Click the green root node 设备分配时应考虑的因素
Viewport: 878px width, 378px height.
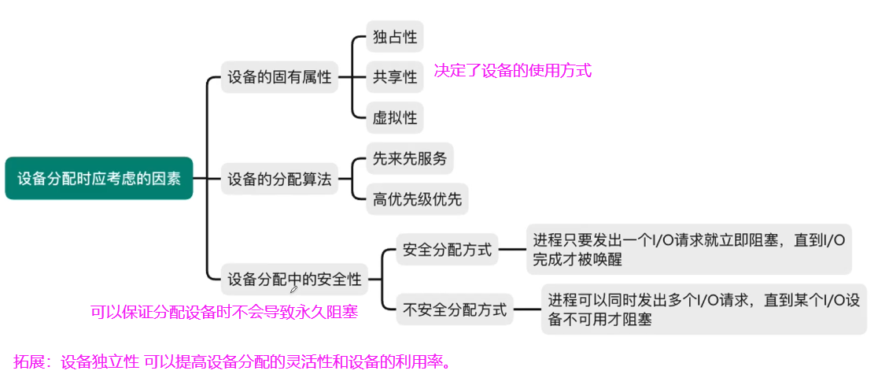99,178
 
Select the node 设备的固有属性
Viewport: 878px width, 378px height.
279,77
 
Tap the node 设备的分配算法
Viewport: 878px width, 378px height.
279,180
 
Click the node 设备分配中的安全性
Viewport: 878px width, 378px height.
294,279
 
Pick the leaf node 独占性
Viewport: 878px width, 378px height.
395,36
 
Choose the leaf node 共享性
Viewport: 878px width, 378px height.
395,77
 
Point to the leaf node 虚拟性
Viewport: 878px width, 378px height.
395,118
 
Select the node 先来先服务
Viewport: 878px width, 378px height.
410,159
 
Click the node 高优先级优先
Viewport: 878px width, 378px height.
417,199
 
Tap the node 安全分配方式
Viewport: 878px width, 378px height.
447,250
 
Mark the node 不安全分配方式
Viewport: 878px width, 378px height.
455,309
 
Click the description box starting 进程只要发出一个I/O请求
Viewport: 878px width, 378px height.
688,249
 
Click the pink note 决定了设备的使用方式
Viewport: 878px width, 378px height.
512,71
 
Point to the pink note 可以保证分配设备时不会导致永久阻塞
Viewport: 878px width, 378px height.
224,313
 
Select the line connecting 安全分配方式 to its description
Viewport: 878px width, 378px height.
512,250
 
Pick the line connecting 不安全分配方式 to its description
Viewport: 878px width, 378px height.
527,309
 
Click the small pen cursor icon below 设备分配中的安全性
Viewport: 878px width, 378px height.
294,289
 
